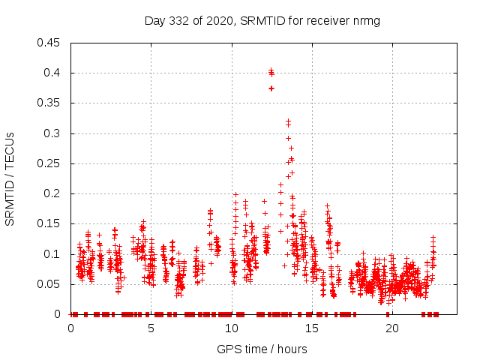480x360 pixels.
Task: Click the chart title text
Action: tap(262, 20)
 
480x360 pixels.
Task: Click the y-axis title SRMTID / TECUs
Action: tap(10, 178)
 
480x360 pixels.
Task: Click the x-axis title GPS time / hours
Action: tap(262, 349)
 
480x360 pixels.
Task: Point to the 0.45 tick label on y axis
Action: tap(49, 43)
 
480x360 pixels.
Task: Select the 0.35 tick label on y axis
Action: tap(49, 103)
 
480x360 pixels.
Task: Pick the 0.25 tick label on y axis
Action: tap(49, 163)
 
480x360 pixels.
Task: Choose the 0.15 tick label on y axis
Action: tap(49, 224)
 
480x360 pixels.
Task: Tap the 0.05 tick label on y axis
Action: tap(49, 284)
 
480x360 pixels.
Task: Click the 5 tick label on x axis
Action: tap(151, 328)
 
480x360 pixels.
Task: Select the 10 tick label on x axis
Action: tap(231, 328)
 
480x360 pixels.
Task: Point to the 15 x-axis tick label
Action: tap(311, 328)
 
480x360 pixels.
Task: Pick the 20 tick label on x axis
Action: tap(391, 328)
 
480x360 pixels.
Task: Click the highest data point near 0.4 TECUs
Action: tap(271, 71)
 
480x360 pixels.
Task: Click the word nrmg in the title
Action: tap(366, 20)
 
